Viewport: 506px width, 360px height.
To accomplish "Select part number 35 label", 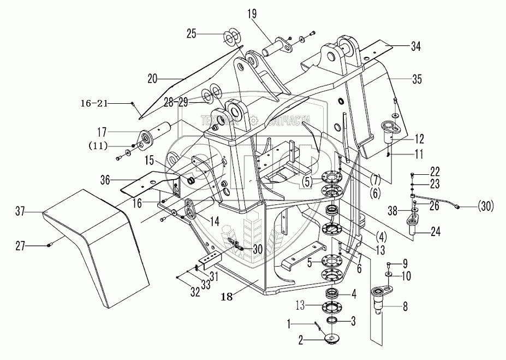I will [418, 80].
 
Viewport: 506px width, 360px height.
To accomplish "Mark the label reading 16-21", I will [106, 102].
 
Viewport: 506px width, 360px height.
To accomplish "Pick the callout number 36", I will [107, 179].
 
